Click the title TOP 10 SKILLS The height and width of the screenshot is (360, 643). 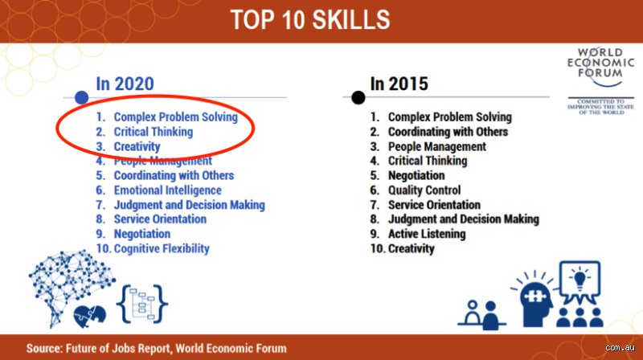coord(310,19)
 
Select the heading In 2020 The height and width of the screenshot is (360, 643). coord(125,84)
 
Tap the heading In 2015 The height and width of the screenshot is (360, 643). coord(399,84)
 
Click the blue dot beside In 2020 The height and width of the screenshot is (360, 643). coord(82,97)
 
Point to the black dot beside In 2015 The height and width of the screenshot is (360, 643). coord(358,97)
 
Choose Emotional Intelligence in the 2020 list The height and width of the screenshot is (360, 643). coord(167,190)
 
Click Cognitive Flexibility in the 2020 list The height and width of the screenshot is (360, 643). coord(162,248)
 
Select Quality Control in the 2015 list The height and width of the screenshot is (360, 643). coord(424,190)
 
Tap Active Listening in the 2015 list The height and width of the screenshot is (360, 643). coord(427,234)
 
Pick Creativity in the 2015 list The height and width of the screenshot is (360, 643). coord(412,248)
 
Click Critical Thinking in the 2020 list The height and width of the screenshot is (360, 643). coord(154,132)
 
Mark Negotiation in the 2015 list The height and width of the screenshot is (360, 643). coord(416,175)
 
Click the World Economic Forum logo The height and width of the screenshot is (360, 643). coord(600,80)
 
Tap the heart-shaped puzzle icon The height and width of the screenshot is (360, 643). coord(89,317)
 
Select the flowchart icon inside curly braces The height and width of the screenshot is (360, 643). coord(142,304)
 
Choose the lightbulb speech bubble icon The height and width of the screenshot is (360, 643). coord(580,282)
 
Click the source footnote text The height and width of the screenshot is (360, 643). coord(156,349)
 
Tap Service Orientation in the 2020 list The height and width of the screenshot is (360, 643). coord(160,219)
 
